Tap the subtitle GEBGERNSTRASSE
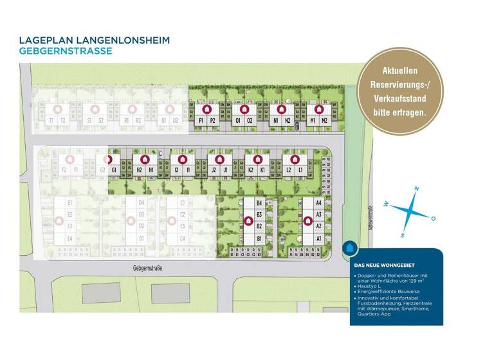click(x=66, y=51)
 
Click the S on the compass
click(x=402, y=234)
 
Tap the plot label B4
click(x=259, y=203)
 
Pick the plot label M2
click(x=324, y=120)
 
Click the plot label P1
click(x=201, y=120)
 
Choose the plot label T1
click(x=50, y=120)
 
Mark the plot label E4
click(x=69, y=239)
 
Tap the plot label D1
click(x=141, y=239)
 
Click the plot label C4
click(x=183, y=239)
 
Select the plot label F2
click(x=64, y=170)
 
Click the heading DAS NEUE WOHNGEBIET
click(x=383, y=264)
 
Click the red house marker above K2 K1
click(x=257, y=159)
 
